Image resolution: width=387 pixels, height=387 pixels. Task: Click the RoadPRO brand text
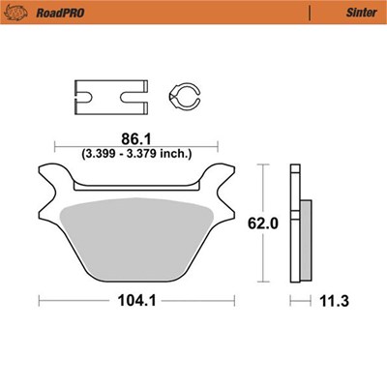click(60, 13)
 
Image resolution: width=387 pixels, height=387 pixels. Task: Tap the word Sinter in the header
click(362, 13)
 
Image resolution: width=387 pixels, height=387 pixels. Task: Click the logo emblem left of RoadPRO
click(15, 13)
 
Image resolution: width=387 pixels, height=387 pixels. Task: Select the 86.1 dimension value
click(136, 139)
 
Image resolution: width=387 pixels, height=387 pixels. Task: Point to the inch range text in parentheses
click(136, 153)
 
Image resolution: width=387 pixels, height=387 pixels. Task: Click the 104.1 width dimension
click(136, 301)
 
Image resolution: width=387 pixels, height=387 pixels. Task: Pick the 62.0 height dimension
click(263, 223)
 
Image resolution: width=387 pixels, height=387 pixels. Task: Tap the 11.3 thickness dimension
click(334, 301)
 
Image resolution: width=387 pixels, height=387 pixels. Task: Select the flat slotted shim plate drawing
click(111, 97)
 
